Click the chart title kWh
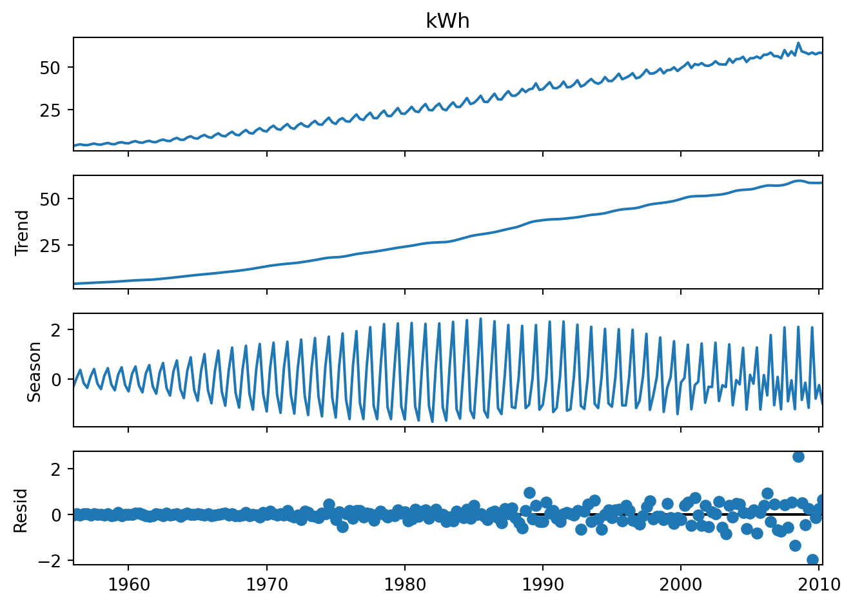tap(447, 21)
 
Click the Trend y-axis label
tap(22, 232)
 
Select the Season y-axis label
tap(34, 372)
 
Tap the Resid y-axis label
tap(21, 510)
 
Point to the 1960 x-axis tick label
tap(128, 585)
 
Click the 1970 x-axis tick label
tap(266, 585)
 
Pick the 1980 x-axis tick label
tap(405, 585)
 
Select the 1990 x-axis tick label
tap(543, 585)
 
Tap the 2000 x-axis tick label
tap(681, 585)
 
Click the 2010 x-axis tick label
tap(819, 585)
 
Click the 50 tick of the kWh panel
tap(50, 68)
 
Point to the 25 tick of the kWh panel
tap(50, 110)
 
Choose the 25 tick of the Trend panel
tap(50, 246)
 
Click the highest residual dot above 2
tap(798, 456)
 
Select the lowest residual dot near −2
tap(812, 560)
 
